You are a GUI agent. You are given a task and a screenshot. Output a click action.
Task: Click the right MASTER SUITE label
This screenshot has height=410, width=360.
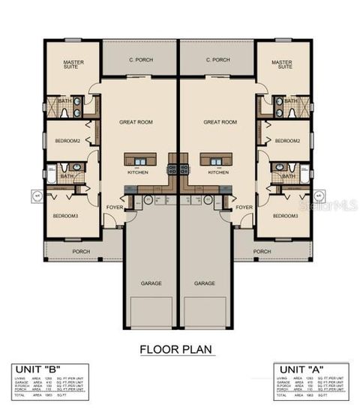(281, 65)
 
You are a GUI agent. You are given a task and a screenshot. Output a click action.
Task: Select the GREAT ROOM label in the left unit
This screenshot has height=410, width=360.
(136, 121)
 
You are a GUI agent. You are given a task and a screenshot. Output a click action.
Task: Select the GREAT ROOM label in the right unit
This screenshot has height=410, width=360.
(220, 121)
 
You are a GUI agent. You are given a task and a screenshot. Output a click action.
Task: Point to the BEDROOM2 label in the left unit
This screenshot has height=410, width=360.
(68, 141)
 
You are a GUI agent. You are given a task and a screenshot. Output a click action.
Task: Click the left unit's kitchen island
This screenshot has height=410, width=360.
(139, 160)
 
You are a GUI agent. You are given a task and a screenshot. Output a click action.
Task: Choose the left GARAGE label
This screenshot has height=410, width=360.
(151, 283)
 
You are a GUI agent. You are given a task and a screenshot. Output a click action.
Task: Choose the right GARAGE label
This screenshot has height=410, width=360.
(205, 283)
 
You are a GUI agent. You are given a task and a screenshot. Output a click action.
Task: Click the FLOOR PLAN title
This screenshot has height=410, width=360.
(177, 349)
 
